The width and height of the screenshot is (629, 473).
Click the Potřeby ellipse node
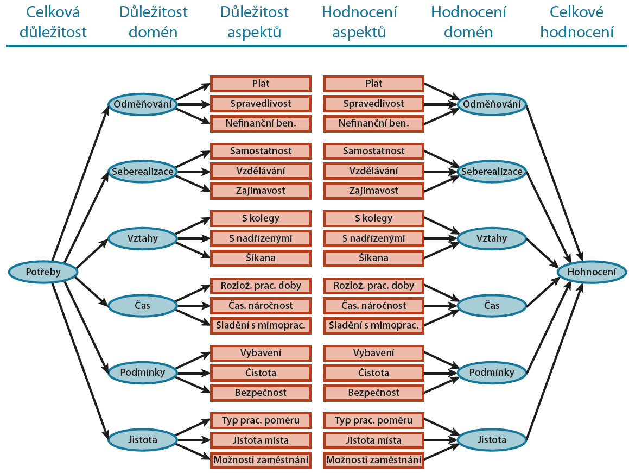click(x=43, y=271)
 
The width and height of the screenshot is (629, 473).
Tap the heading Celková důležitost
click(x=53, y=22)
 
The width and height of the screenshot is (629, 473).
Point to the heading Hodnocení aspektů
click(x=359, y=22)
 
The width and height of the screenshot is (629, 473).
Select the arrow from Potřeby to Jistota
click(x=80, y=356)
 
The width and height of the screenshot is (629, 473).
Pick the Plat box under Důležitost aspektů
click(x=261, y=84)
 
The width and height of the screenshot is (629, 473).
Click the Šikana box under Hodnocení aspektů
click(x=373, y=257)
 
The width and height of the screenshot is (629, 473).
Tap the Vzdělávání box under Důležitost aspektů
click(x=261, y=171)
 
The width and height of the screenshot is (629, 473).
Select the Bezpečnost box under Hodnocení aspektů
click(x=373, y=393)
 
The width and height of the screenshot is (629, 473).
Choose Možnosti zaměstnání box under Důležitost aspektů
click(x=261, y=460)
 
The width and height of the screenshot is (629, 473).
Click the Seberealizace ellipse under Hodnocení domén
click(x=492, y=172)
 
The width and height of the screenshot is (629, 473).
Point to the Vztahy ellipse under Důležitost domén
click(x=143, y=238)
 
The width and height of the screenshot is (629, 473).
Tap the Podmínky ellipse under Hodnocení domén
click(x=492, y=373)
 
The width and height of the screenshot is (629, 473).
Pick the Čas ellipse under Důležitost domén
click(x=143, y=306)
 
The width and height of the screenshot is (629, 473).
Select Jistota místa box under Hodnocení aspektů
click(x=373, y=440)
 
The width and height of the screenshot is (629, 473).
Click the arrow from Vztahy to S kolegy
click(x=193, y=228)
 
